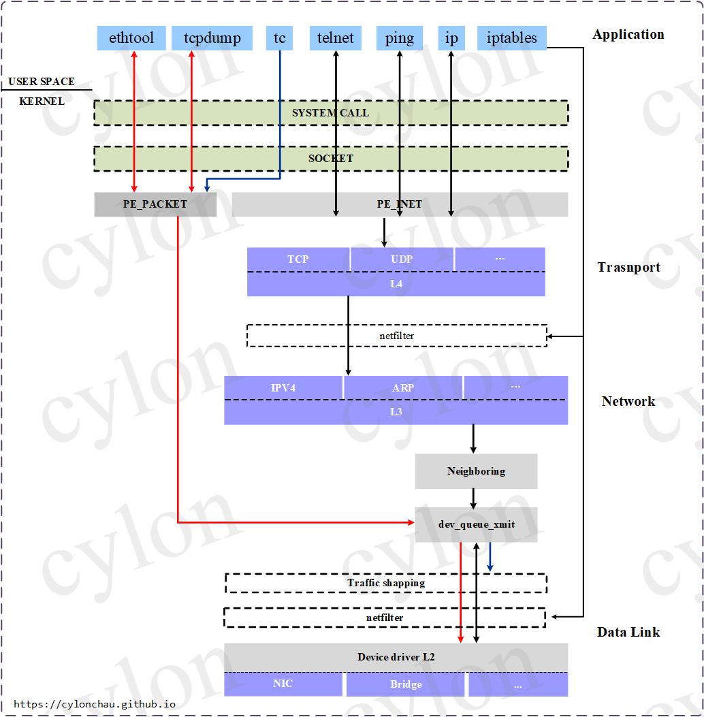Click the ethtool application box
pos(131,38)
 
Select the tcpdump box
pos(212,38)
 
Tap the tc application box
pos(279,38)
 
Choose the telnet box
pos(336,38)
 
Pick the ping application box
pos(400,38)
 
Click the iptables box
pos(511,38)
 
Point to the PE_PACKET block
pos(155,204)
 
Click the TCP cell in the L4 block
pos(298,259)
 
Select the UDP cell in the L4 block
pos(402,259)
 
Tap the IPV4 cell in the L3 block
pos(283,387)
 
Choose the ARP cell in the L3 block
pos(403,387)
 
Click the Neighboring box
pos(477,471)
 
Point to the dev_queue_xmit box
pos(477,524)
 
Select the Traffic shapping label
pos(386,583)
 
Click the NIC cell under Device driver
pos(283,684)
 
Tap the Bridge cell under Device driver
pos(406,684)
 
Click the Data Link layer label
pos(628,633)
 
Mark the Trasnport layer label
pos(629,267)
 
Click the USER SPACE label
pos(42,82)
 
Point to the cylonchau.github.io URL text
pos(95,704)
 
